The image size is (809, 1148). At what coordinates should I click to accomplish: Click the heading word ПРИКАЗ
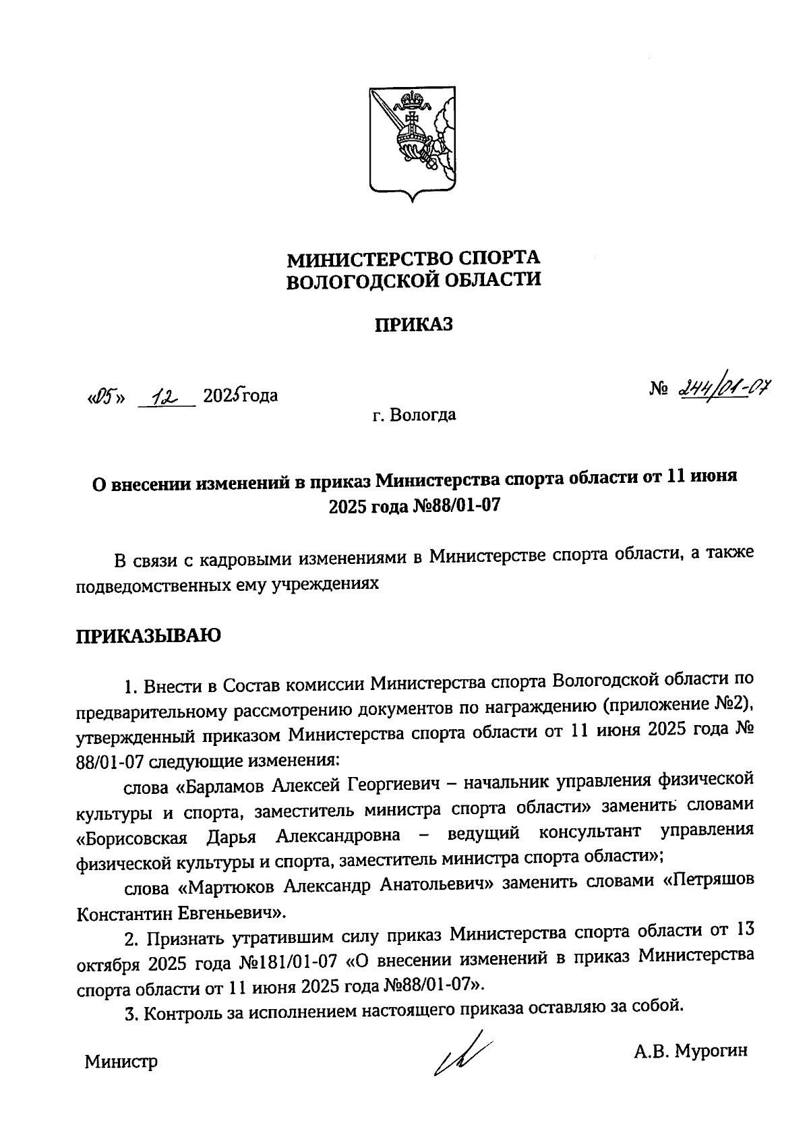click(414, 325)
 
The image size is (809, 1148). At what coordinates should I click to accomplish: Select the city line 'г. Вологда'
click(414, 415)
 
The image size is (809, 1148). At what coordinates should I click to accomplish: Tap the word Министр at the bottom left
click(121, 1063)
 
